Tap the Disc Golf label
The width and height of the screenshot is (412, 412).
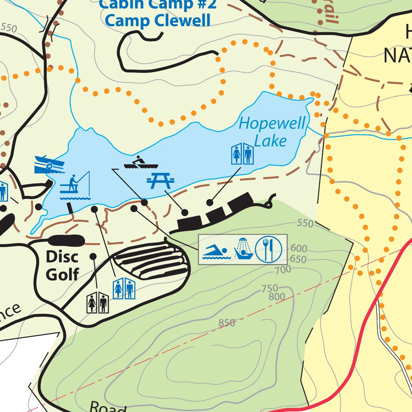[62, 266]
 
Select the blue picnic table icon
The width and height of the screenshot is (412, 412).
[161, 180]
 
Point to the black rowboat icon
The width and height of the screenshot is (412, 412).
[141, 163]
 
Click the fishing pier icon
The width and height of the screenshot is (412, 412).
[75, 185]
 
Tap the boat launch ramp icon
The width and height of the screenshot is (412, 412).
[49, 165]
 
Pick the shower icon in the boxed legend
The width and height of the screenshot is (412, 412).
[243, 249]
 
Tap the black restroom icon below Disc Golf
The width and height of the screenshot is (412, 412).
[97, 302]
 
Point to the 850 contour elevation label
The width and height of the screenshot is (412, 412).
[227, 323]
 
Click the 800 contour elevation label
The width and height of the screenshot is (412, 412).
[277, 297]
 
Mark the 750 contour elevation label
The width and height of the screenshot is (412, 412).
[270, 288]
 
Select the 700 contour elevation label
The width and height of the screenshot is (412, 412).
[283, 270]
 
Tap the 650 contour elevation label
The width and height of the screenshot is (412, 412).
[298, 259]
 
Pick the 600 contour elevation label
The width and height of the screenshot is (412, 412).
[299, 248]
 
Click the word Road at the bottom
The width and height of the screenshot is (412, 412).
[107, 407]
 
